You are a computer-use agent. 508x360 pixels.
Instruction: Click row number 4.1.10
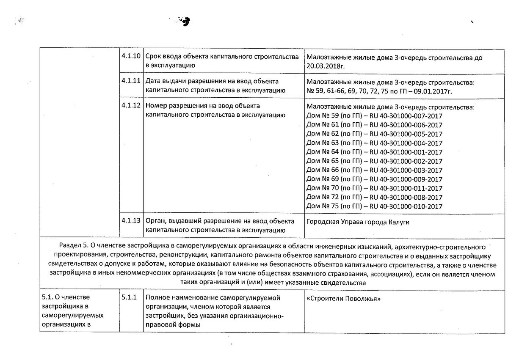pyautogui.click(x=130, y=57)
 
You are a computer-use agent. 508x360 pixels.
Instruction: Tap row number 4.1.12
pyautogui.click(x=130, y=105)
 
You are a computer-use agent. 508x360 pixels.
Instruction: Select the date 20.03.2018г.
pyautogui.click(x=324, y=66)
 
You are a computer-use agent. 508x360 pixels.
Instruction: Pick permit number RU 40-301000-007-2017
pyautogui.click(x=406, y=115)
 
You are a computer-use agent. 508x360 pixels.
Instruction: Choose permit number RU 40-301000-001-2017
pyautogui.click(x=406, y=152)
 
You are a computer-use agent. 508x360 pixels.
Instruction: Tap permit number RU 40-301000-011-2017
pyautogui.click(x=406, y=188)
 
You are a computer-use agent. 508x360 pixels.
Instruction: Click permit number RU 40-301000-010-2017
pyautogui.click(x=406, y=206)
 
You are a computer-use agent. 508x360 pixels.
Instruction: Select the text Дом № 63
pyautogui.click(x=322, y=143)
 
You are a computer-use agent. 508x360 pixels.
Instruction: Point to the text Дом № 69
pyautogui.click(x=322, y=179)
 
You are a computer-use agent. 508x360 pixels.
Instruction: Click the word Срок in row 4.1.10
pyautogui.click(x=153, y=57)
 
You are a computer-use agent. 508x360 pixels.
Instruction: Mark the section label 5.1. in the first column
pyautogui.click(x=47, y=297)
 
